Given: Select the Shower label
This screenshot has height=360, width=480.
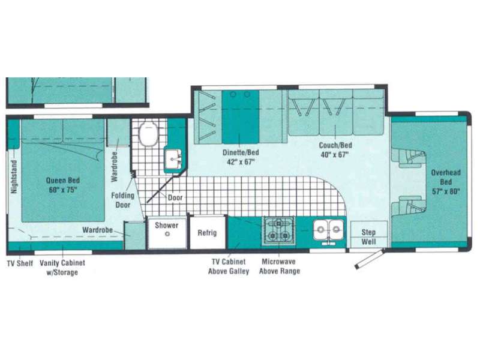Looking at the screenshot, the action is [166, 226].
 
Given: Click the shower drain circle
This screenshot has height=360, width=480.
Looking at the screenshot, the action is [167, 234].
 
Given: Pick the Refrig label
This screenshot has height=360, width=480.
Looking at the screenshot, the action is [207, 233].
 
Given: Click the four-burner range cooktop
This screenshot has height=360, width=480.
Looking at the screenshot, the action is [278, 230].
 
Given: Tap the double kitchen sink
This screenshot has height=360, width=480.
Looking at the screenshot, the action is [328, 230].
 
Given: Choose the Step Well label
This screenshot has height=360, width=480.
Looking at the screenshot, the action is [368, 236].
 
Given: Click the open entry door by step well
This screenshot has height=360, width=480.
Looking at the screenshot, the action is [369, 260].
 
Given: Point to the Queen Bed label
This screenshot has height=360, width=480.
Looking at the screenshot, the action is [63, 185].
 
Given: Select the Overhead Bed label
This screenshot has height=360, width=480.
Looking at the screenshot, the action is [446, 182].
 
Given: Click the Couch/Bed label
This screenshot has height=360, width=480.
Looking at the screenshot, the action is [335, 149].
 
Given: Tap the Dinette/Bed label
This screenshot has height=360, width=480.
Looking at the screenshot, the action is [241, 157].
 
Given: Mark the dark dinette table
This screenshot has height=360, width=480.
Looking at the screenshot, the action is [241, 116].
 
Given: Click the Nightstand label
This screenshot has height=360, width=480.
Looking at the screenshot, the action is [14, 177].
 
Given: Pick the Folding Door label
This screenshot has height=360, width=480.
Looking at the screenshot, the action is [123, 200].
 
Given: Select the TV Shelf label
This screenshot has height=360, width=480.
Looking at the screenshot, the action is [20, 263].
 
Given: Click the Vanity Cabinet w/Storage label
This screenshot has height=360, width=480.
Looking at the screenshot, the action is [62, 268].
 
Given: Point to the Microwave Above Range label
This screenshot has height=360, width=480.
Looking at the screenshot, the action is [280, 266].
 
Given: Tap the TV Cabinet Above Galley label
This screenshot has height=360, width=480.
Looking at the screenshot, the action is [229, 266].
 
